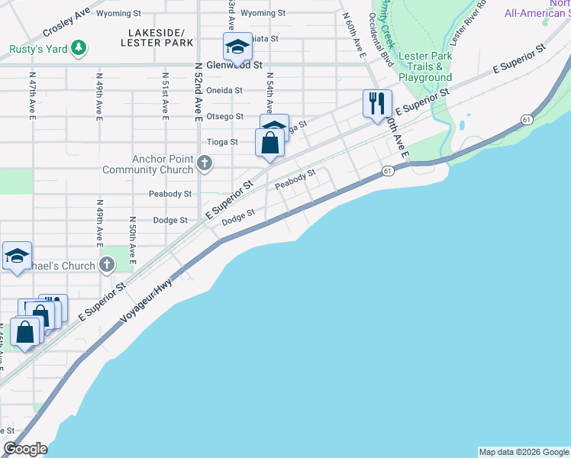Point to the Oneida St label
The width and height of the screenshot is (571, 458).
coord(224,90)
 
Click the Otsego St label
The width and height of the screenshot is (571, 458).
coord(224,117)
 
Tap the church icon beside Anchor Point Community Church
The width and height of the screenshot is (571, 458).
coord(205,163)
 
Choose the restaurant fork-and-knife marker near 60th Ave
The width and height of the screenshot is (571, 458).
coord(376,103)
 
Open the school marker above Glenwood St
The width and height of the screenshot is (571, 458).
coord(237,47)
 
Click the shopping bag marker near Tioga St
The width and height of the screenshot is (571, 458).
coord(269,142)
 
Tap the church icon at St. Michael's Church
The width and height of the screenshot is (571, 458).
coord(107,266)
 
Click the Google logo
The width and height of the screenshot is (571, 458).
coord(25,449)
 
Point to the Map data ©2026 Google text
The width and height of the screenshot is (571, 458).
coord(523,452)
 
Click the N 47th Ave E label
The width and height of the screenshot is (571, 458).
coord(33,96)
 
